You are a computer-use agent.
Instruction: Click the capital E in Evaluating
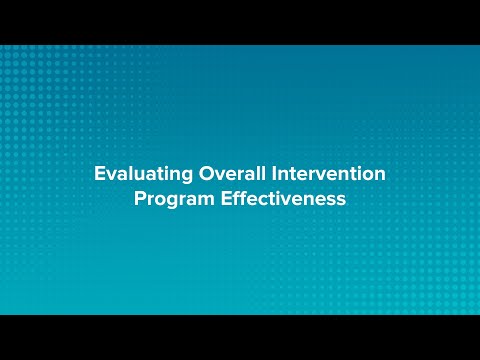pos(99,173)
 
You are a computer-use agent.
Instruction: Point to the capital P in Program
pos(139,198)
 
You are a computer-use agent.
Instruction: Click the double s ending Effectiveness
pos(336,200)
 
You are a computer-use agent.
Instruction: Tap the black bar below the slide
pos(240,337)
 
